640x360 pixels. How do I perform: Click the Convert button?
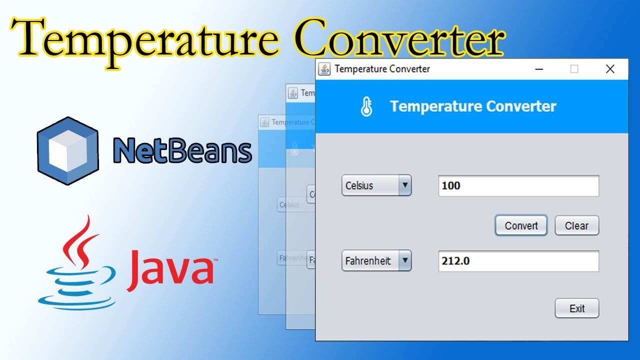(521, 225)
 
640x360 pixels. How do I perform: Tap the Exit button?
(576, 308)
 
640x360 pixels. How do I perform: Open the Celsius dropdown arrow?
(405, 185)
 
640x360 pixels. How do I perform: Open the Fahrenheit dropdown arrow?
(405, 260)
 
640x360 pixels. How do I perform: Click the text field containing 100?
(518, 186)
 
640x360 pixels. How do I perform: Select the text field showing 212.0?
(518, 261)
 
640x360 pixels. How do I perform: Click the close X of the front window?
(610, 69)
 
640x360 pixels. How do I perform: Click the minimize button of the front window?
(539, 69)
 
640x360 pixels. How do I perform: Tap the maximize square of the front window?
(574, 69)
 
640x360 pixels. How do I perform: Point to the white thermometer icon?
(366, 106)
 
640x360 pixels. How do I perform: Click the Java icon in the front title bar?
(324, 69)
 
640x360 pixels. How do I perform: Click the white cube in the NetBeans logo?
(66, 151)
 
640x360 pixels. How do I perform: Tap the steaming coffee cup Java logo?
(75, 265)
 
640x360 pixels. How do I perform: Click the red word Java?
(170, 270)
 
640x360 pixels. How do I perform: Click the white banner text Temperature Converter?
(473, 106)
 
